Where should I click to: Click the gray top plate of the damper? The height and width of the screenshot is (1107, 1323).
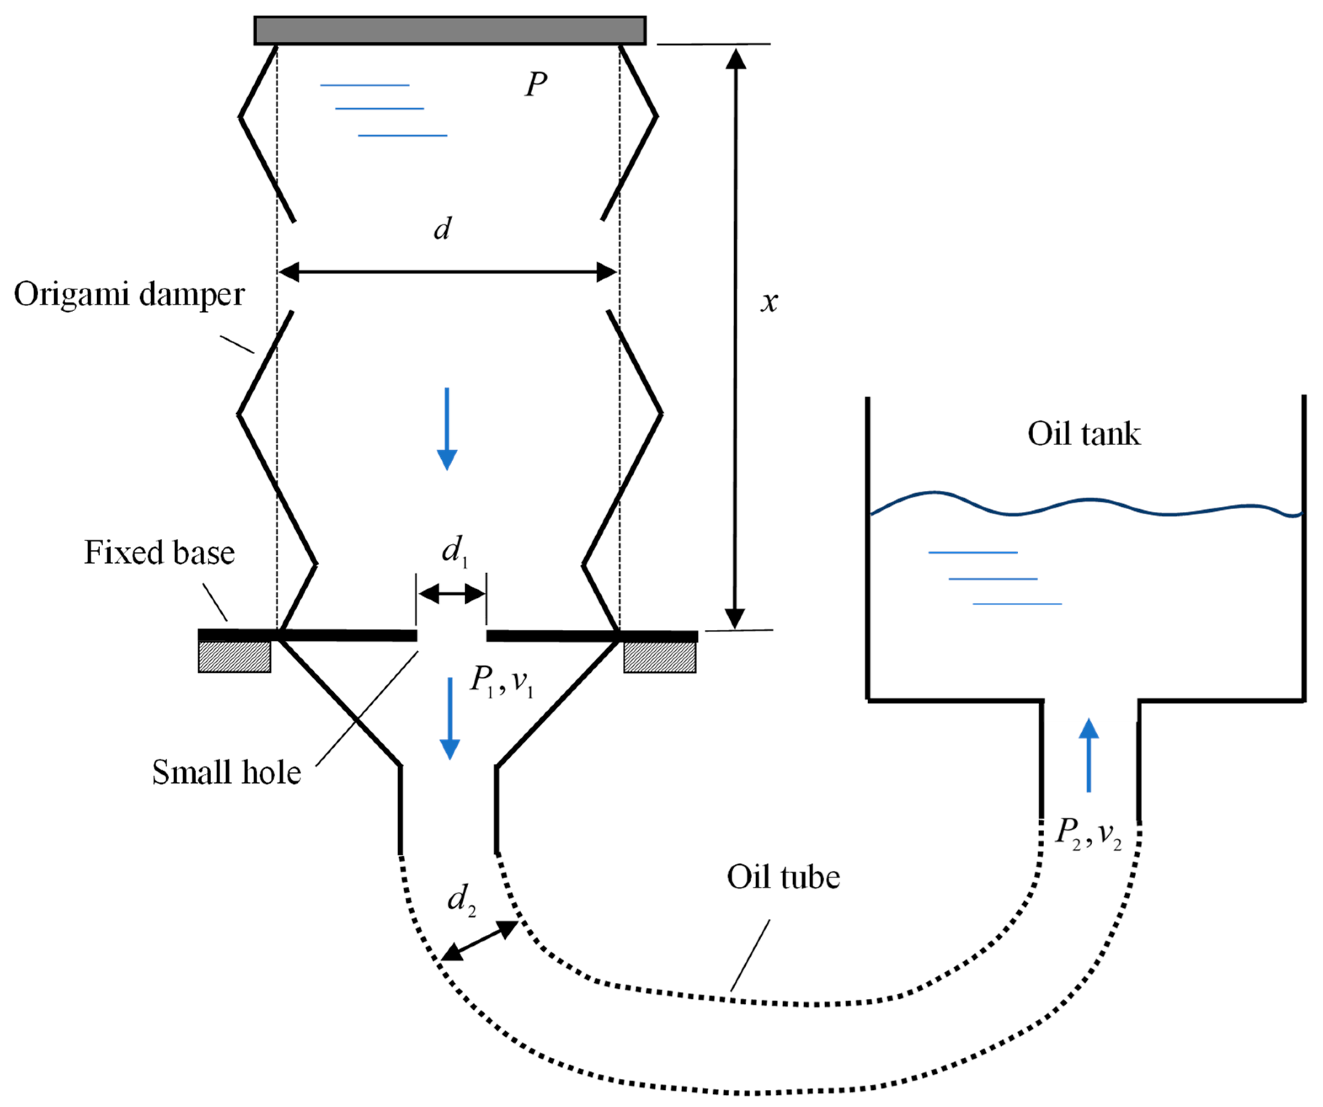tap(450, 30)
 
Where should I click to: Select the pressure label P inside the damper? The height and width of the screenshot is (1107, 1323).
tap(536, 84)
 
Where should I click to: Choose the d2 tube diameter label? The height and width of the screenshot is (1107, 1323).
tap(461, 898)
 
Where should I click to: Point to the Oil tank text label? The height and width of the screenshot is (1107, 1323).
tap(1083, 434)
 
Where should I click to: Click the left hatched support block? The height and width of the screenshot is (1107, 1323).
tap(235, 657)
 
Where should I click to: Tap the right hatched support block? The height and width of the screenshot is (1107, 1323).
tap(660, 657)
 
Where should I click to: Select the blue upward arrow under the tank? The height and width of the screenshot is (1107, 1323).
tap(1088, 754)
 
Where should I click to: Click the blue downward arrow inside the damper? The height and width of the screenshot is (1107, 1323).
tap(447, 429)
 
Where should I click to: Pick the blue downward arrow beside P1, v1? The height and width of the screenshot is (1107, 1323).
tap(449, 718)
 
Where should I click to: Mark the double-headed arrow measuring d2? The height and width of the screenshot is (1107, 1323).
tap(479, 941)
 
